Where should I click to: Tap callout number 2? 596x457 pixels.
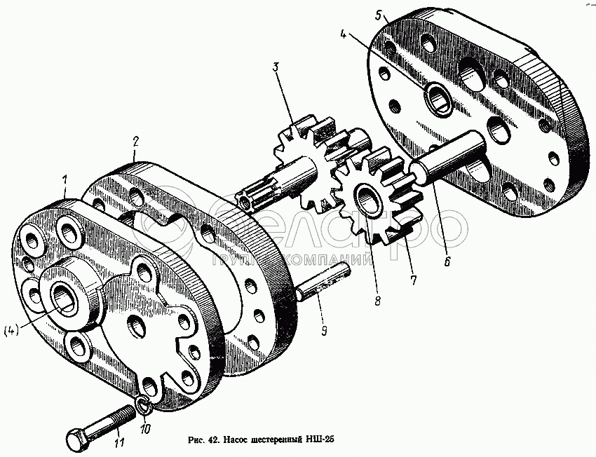[x=135, y=142]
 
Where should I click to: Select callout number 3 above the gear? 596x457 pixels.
[x=276, y=68]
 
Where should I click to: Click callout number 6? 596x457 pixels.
[x=447, y=261]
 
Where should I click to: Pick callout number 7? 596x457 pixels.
[x=413, y=280]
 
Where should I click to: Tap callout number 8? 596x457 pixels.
[x=377, y=301]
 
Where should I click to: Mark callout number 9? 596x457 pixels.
[x=324, y=332]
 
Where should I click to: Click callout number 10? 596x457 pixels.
[x=145, y=429]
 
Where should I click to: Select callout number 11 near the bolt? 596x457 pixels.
[x=119, y=442]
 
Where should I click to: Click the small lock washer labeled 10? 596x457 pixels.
[x=143, y=405]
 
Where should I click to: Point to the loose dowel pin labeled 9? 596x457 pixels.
[x=323, y=282]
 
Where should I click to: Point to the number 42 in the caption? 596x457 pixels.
[x=213, y=440]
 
